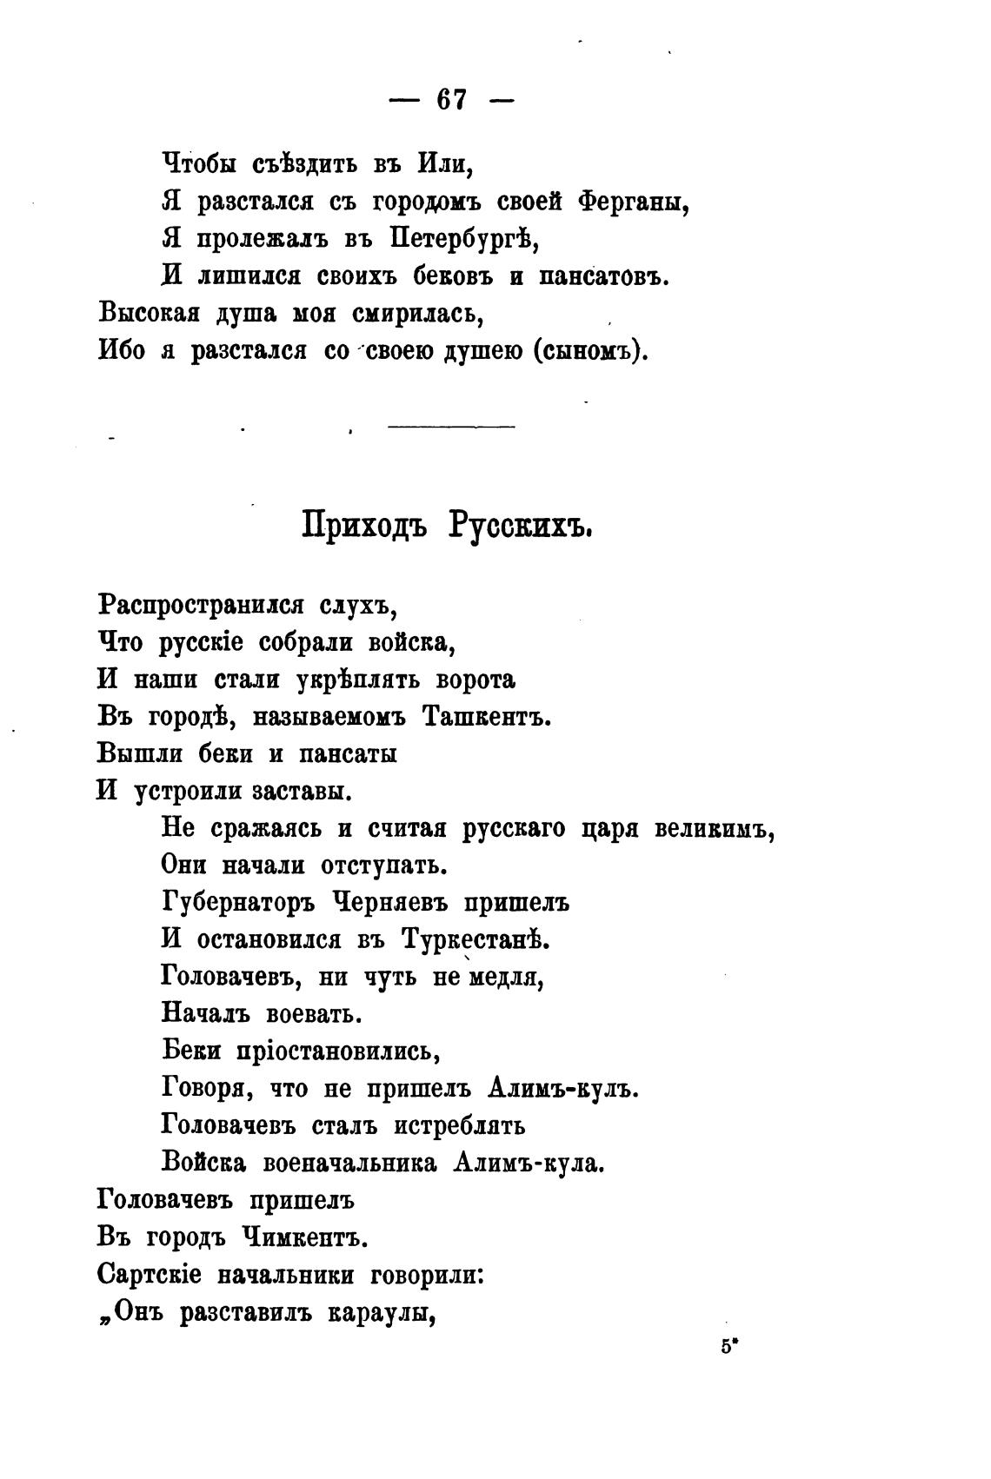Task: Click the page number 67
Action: coord(452,100)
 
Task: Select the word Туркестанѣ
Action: coord(476,939)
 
